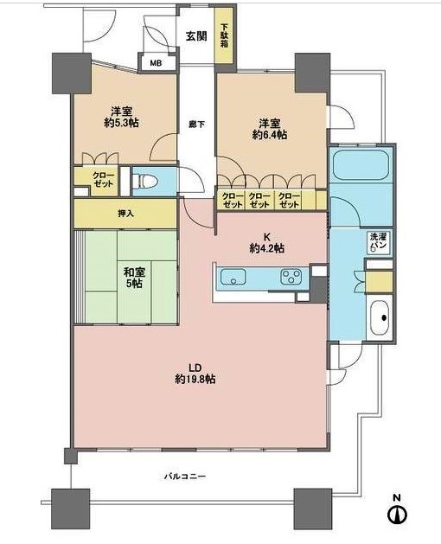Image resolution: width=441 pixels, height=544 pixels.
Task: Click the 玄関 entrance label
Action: (x=196, y=36)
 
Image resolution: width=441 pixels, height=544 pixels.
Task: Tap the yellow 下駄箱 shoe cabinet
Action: (x=225, y=35)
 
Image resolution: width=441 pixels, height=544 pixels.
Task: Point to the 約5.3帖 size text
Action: (x=121, y=123)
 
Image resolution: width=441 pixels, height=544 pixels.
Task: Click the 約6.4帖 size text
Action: (x=270, y=135)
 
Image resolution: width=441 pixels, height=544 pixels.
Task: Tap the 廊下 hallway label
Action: (x=196, y=125)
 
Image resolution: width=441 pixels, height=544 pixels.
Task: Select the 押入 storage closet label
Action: (x=125, y=214)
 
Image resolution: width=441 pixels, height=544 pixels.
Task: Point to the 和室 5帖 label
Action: (x=134, y=278)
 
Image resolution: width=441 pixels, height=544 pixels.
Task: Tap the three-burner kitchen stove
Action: (x=291, y=277)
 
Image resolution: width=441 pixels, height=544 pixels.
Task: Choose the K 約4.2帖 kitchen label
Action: (x=267, y=243)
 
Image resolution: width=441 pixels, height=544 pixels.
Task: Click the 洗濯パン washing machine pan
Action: (x=380, y=243)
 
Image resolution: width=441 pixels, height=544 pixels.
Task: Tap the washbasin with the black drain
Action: (x=380, y=317)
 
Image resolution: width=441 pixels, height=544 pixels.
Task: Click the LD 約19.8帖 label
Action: (x=195, y=374)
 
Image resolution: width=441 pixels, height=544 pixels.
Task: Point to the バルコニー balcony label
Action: (x=185, y=477)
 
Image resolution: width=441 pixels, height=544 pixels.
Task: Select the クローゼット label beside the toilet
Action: (x=104, y=179)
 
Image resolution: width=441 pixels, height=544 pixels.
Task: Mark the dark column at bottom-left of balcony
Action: (x=70, y=508)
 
